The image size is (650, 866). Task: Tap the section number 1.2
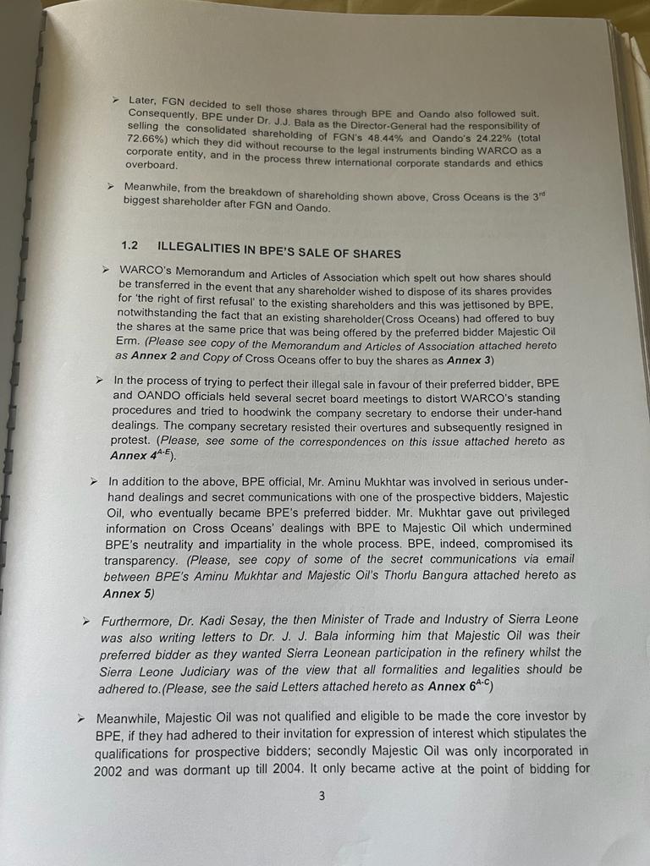129,245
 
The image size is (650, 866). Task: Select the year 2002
110,771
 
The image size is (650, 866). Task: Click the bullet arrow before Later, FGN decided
116,99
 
